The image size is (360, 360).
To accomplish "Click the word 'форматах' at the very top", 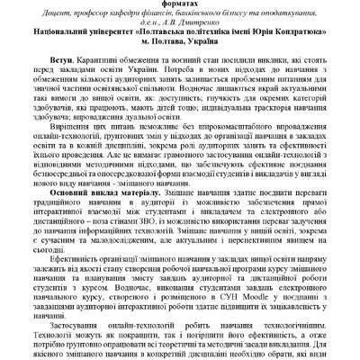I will tap(181, 4).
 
